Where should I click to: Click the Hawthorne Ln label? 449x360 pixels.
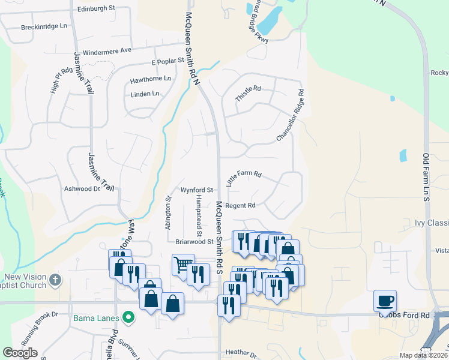[150, 79]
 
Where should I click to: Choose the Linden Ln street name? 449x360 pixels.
[145, 94]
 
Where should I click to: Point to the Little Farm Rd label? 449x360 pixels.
[244, 178]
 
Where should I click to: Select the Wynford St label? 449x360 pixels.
[193, 190]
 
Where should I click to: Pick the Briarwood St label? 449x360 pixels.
[194, 242]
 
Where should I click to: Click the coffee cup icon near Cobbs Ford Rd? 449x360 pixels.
[385, 300]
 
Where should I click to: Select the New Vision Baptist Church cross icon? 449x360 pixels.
[55, 279]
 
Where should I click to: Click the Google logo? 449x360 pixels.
[20, 353]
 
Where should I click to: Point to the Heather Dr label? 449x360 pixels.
[240, 352]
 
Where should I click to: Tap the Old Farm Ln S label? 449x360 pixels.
[427, 174]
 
